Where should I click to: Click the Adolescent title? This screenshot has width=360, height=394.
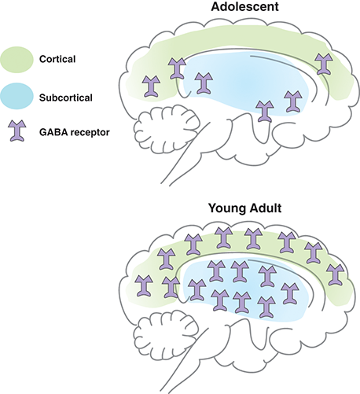tap(244, 6)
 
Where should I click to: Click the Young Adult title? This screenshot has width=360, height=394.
tap(244, 208)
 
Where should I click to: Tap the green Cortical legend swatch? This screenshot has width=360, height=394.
tap(17, 60)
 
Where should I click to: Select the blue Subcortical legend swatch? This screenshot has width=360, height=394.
tap(17, 96)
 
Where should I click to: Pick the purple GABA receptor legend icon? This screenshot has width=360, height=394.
tap(17, 131)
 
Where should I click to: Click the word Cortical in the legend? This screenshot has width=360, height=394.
tap(57, 59)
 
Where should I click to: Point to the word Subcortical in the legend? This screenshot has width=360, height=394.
tap(66, 98)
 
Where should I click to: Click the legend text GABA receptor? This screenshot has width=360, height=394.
tap(75, 132)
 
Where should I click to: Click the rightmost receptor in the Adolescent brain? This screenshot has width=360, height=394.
tap(324, 64)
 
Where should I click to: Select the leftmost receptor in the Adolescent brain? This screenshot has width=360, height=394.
tap(151, 87)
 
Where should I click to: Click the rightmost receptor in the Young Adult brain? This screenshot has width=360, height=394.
tap(336, 274)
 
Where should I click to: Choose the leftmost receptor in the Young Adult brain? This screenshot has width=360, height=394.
tap(145, 285)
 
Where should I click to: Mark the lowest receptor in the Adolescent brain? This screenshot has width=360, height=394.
tap(265, 111)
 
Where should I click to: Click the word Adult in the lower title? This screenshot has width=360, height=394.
tap(266, 208)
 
